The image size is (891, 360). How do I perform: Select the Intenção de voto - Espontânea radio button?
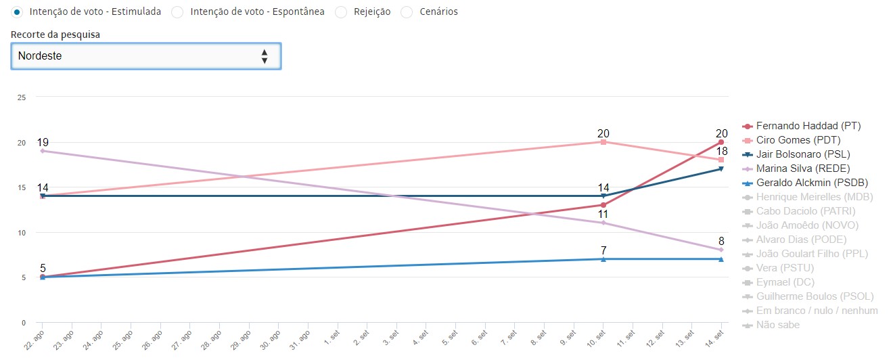click(x=178, y=12)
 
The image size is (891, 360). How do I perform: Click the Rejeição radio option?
click(x=341, y=12)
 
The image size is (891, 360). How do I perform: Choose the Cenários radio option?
click(x=407, y=12)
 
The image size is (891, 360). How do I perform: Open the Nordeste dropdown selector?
click(x=145, y=56)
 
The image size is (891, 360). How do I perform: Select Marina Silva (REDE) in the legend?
click(x=802, y=168)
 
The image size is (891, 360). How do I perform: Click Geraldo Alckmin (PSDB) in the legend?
click(x=811, y=183)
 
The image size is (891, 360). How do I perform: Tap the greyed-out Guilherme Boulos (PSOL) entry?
click(x=815, y=296)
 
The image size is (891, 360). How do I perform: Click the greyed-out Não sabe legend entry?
click(x=777, y=325)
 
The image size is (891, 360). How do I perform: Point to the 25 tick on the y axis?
click(x=21, y=97)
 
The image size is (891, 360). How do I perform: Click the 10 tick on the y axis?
click(x=21, y=233)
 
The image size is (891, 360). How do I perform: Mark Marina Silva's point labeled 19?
click(x=43, y=151)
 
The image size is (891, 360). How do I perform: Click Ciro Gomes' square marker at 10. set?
click(x=603, y=142)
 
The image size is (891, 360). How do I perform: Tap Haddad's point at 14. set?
click(x=721, y=142)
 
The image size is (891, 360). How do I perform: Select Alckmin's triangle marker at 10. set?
click(x=603, y=259)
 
